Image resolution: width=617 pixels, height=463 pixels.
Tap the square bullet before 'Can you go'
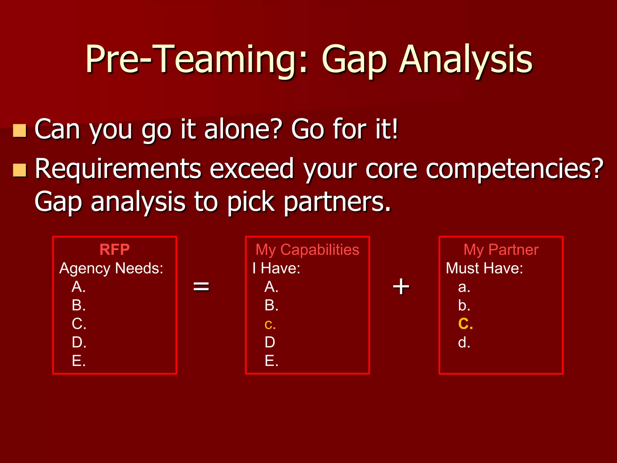click(x=20, y=131)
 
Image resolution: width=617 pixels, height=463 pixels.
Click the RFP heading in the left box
click(x=114, y=250)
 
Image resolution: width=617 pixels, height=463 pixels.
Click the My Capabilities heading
click(x=307, y=250)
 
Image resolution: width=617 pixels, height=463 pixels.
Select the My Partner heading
click(x=501, y=250)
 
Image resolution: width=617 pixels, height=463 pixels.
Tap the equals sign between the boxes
click(x=201, y=286)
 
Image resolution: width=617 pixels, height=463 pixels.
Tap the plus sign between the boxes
click(x=401, y=286)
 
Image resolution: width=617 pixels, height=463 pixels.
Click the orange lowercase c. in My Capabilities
click(x=270, y=324)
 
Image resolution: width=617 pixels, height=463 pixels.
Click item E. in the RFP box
click(x=79, y=361)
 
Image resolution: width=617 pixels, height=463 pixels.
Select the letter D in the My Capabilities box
click(x=270, y=342)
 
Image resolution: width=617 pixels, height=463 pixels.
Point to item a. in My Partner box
click(x=464, y=287)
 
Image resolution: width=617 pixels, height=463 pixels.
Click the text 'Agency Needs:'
click(x=111, y=268)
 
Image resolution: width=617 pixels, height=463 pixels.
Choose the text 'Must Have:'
click(x=484, y=268)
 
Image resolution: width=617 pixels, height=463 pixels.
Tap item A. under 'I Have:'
click(x=271, y=287)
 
